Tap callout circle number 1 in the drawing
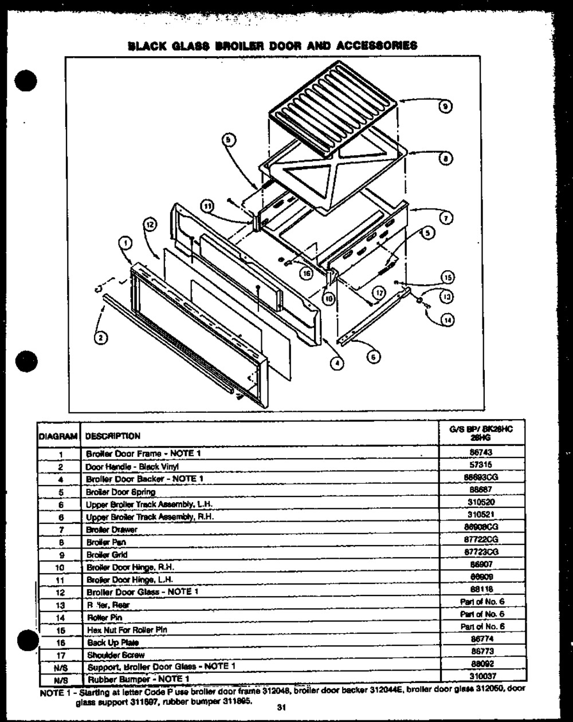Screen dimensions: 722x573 pyautogui.click(x=126, y=244)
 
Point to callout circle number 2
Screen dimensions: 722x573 pyautogui.click(x=100, y=338)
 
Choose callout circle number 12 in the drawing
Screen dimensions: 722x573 pyautogui.click(x=149, y=225)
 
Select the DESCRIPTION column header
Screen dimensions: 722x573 pyautogui.click(x=113, y=436)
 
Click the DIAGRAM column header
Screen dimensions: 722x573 pyautogui.click(x=59, y=436)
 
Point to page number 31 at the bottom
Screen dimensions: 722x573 pyautogui.click(x=281, y=708)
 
